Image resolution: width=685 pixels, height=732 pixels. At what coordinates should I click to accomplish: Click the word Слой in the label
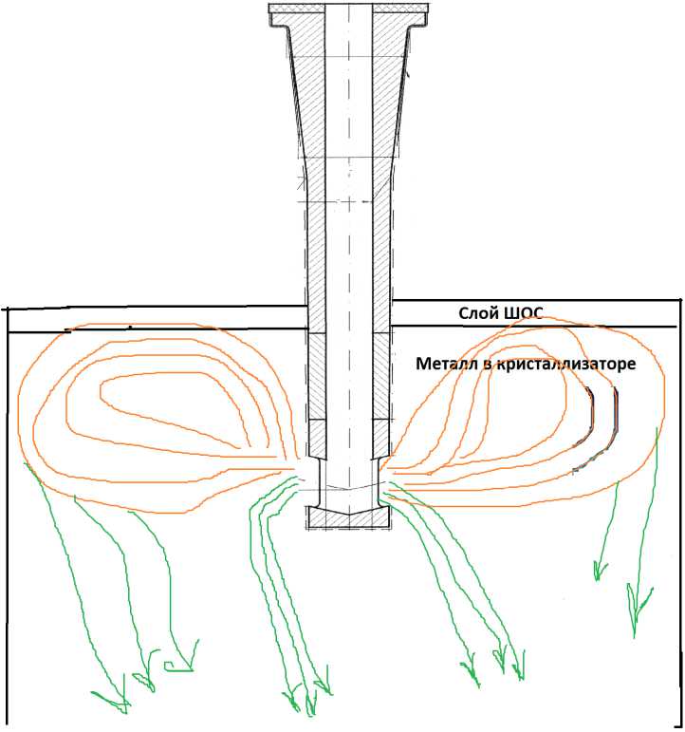click(x=477, y=314)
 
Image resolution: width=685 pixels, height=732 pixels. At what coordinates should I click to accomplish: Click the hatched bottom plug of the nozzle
click(x=348, y=516)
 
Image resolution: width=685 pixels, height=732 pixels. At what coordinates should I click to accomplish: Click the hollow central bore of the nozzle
click(x=348, y=237)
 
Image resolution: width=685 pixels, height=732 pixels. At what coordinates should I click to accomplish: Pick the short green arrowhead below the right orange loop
click(x=599, y=570)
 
